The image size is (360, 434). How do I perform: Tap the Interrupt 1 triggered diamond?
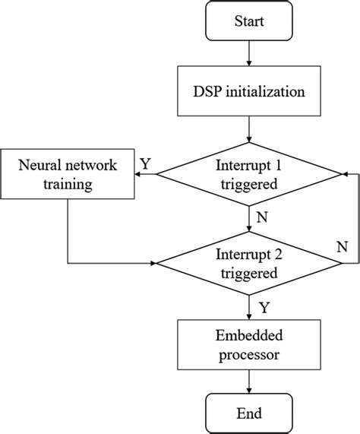click(248, 174)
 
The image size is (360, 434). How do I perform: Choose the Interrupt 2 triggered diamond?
click(248, 263)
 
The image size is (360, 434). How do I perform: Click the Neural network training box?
click(67, 174)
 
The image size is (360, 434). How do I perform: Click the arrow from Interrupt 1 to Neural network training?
click(146, 174)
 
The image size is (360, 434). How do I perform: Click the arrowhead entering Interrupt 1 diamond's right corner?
click(342, 174)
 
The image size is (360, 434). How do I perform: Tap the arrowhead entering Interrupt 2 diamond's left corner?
click(155, 263)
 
